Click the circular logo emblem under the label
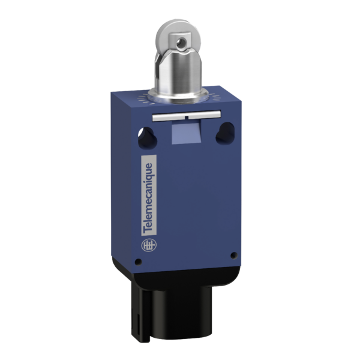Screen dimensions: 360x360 [x=147, y=245]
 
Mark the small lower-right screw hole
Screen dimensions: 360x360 [x=230, y=257]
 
